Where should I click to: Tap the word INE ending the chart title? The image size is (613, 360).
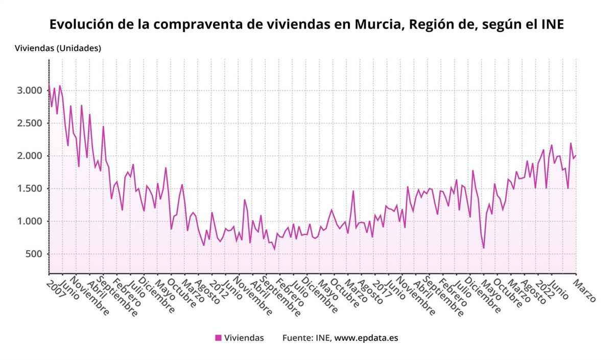[552, 25]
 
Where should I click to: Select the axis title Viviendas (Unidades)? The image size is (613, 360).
[58, 49]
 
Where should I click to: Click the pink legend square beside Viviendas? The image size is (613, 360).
[219, 338]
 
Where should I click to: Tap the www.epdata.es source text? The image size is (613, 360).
[366, 338]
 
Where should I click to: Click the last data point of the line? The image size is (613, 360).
[576, 156]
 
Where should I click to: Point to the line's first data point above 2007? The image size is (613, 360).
[49, 85]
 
